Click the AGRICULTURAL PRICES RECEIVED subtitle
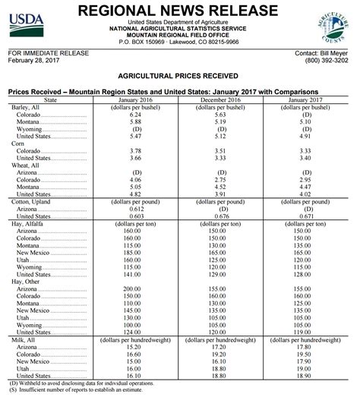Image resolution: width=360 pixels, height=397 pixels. (x=180, y=77)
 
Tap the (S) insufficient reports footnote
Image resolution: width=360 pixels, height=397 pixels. (x=84, y=389)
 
